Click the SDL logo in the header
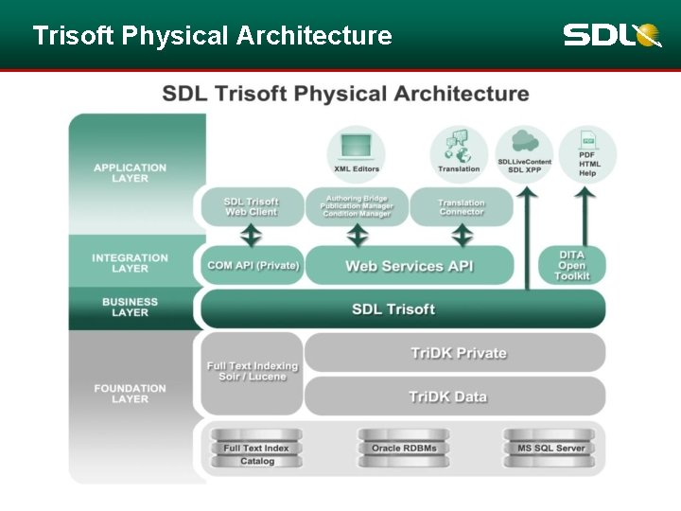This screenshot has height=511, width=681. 611,35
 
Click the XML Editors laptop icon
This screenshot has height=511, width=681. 357,153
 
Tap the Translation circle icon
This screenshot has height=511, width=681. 459,153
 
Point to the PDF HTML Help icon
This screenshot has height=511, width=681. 587,153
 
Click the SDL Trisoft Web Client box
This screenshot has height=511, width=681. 251,206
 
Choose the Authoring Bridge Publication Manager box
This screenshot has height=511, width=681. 357,206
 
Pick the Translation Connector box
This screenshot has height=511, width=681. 462,206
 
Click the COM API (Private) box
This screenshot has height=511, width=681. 253,266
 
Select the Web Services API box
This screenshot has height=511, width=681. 409,266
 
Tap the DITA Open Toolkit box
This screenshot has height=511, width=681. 571,266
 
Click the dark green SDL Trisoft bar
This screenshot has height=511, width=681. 402,309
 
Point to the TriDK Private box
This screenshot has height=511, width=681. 458,353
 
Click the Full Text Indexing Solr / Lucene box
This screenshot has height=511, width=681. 252,372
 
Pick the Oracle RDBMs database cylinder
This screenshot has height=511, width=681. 404,448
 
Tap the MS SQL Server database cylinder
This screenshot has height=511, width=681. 550,448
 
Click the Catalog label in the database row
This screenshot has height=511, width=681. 256,462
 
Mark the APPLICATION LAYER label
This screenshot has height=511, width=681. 130,173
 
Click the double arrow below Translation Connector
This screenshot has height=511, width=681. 462,236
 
